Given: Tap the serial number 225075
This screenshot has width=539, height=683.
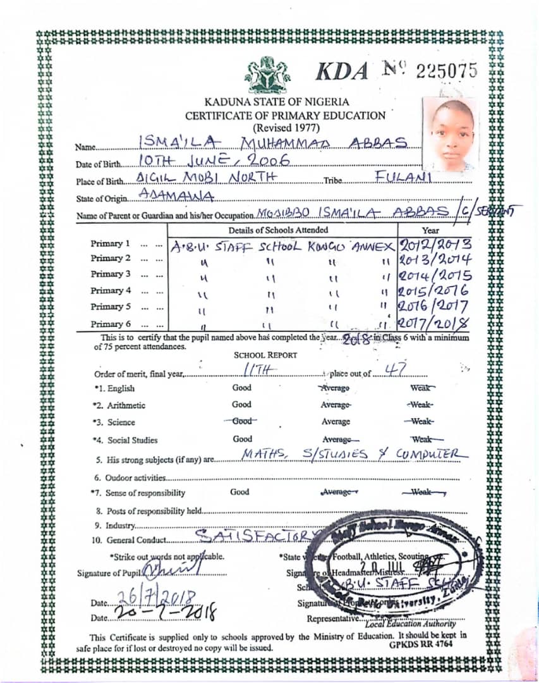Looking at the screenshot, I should [447, 71].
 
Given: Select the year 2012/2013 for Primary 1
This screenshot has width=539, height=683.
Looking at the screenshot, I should [435, 244].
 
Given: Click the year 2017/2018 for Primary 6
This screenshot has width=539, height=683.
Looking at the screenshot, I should [435, 323].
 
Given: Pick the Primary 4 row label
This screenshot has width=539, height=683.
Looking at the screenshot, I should [111, 291].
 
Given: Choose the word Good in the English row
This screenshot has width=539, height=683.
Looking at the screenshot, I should [241, 388].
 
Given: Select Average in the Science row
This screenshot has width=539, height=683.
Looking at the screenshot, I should [336, 422].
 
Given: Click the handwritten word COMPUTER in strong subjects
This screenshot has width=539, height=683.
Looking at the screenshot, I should [432, 454].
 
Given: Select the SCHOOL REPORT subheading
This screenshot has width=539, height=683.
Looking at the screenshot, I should [265, 355].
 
